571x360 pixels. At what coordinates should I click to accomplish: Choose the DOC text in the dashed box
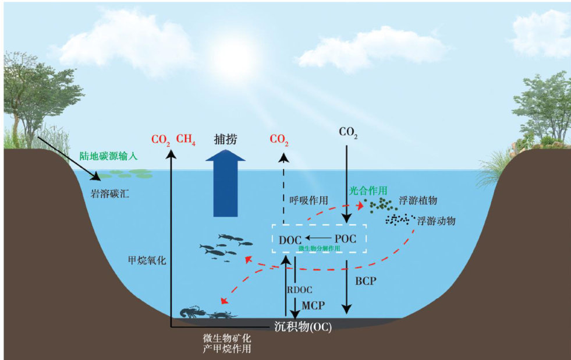(290, 239)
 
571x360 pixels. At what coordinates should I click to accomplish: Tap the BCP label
(366, 281)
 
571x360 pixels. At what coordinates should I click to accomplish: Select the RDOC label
(300, 290)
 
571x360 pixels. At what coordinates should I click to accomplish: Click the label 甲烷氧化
(147, 260)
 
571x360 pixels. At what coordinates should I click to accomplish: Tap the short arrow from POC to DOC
(318, 238)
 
